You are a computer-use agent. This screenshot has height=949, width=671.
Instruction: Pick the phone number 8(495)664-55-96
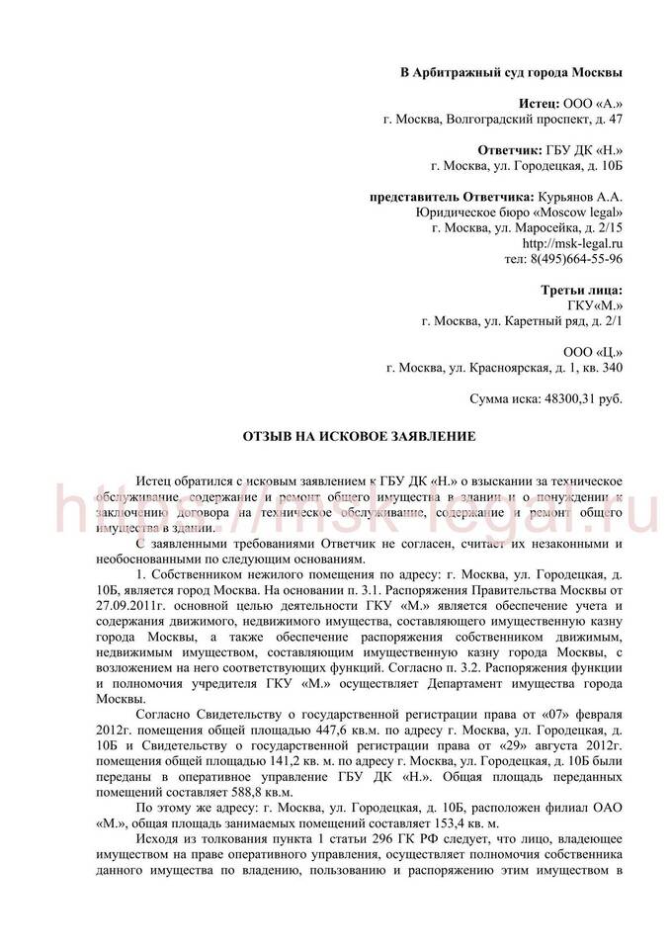pyautogui.click(x=576, y=259)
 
